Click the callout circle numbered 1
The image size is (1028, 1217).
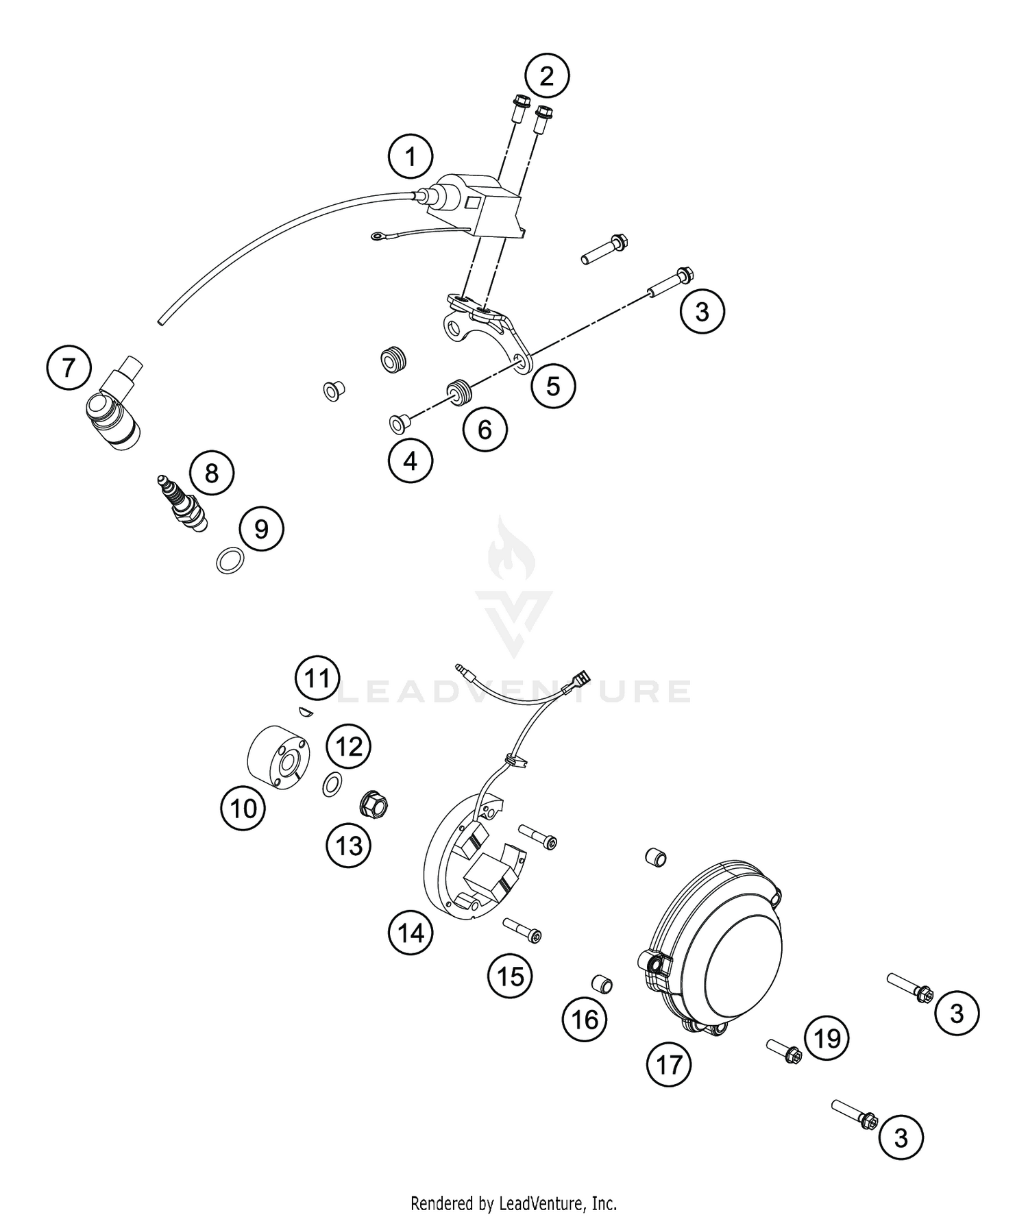coord(411,158)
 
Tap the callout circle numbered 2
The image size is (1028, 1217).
coord(546,75)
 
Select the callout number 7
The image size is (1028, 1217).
coord(69,369)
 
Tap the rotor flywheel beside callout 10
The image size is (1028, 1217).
coord(277,757)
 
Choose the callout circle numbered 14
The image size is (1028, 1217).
coord(411,933)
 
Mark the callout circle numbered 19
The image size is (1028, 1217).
coord(827,1038)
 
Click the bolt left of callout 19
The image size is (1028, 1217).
coord(783,1050)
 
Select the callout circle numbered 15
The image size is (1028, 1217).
coord(511,976)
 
